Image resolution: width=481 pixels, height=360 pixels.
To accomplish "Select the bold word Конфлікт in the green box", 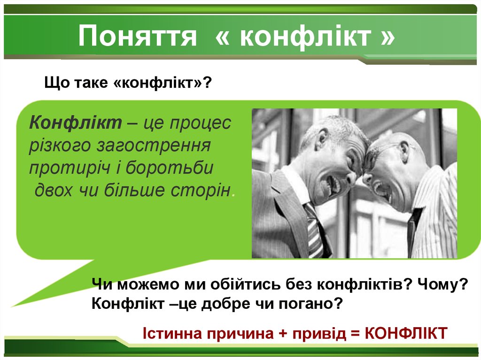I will click(76, 123).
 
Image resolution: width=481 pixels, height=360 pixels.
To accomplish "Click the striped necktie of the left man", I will click(313, 230).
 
